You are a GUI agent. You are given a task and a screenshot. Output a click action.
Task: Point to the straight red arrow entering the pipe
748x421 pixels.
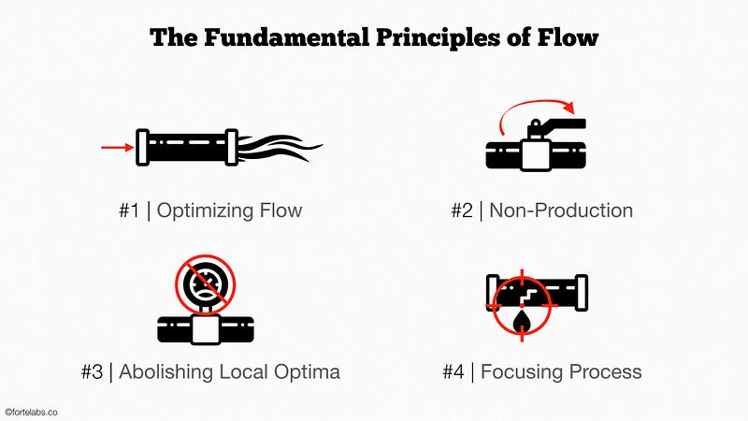[x=115, y=147]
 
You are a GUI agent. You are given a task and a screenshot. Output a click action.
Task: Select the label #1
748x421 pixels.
[x=129, y=210]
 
